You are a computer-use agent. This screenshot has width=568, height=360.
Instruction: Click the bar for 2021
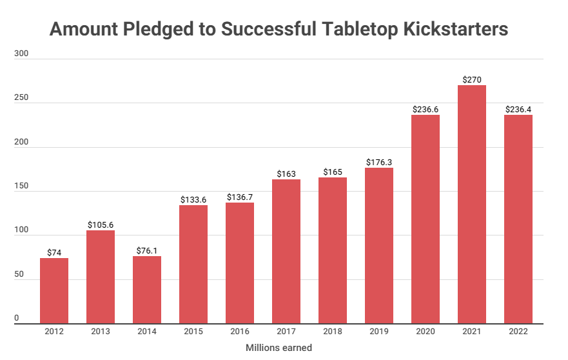tap(471, 204)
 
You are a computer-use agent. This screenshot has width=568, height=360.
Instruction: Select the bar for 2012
tap(54, 290)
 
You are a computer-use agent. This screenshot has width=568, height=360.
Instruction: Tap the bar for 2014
tap(147, 290)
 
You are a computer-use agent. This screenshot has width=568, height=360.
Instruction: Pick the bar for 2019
tap(378, 245)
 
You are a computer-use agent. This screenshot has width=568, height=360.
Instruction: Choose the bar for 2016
tap(240, 263)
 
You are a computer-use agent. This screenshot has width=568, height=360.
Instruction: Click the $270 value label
tap(471, 79)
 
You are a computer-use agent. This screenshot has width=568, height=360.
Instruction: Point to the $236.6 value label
tap(425, 110)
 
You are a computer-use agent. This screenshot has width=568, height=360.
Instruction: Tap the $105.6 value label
tap(101, 225)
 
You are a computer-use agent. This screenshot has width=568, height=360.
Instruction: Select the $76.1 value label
tap(147, 251)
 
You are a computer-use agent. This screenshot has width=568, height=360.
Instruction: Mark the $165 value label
tap(332, 172)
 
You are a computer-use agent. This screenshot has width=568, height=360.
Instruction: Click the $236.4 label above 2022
tap(518, 110)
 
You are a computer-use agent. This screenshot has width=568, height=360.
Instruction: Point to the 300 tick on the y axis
tap(21, 54)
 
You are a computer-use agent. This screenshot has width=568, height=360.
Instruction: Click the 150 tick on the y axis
tap(21, 186)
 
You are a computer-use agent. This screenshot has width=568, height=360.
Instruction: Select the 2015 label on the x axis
tap(193, 332)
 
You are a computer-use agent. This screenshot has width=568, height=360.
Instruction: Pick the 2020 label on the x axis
tap(425, 332)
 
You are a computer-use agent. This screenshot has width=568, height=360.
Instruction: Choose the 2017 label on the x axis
tap(286, 332)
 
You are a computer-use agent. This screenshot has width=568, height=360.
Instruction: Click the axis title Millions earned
tap(279, 348)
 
